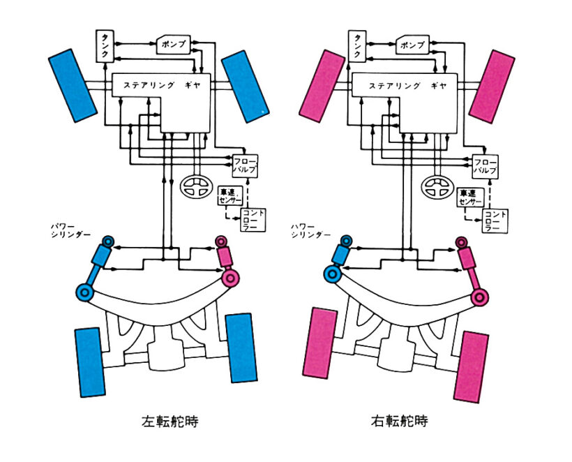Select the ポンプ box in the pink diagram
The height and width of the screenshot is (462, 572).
point(413,44)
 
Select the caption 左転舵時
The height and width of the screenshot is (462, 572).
point(165,422)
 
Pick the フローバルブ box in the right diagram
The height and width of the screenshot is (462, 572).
point(486,165)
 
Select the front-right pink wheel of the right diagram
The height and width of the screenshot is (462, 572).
point(490,85)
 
